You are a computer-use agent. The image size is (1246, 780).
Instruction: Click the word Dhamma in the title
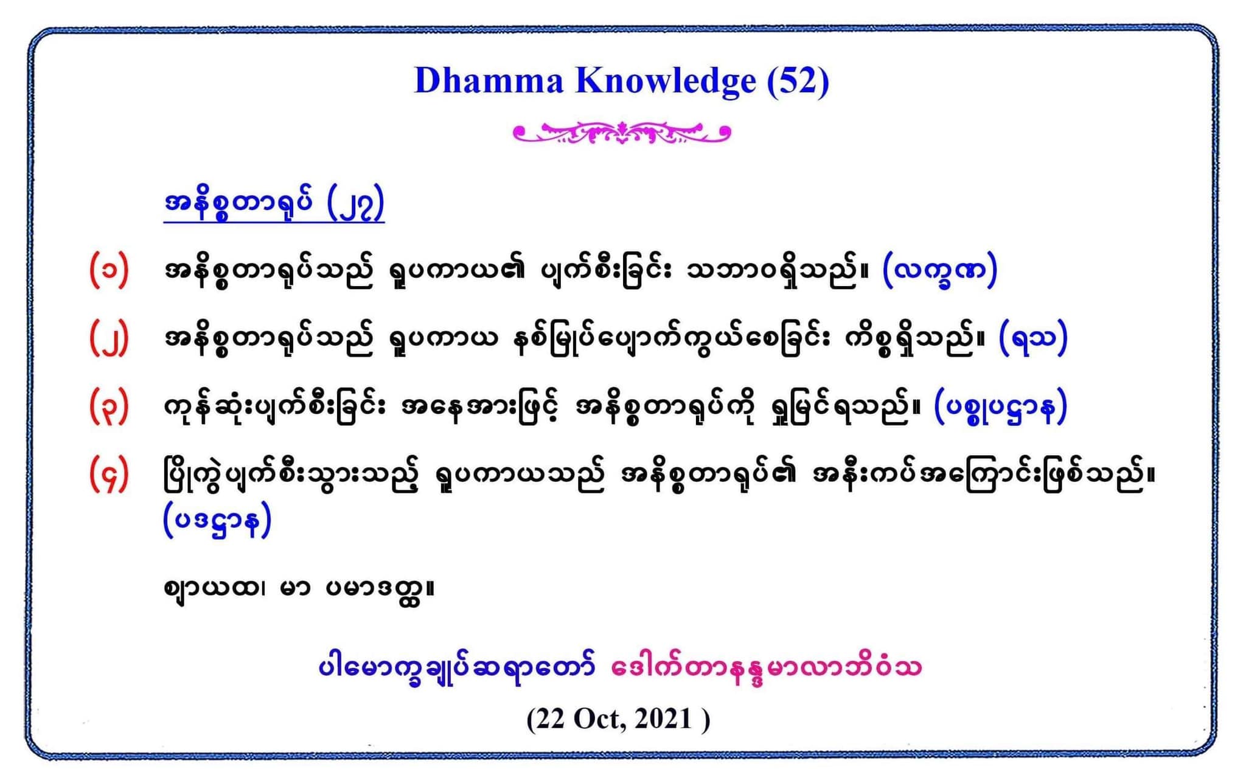click(x=489, y=81)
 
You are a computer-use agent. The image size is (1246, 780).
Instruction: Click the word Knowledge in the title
click(x=666, y=81)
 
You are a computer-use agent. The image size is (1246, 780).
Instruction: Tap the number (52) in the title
click(x=798, y=81)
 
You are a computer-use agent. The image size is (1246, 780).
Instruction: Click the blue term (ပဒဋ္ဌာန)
click(x=217, y=521)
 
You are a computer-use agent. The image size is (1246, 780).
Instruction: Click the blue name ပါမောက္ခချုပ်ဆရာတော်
click(x=457, y=667)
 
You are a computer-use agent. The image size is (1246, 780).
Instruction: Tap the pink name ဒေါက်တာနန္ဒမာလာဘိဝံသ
click(x=766, y=667)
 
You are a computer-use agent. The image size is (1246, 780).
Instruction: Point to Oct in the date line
click(x=597, y=719)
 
